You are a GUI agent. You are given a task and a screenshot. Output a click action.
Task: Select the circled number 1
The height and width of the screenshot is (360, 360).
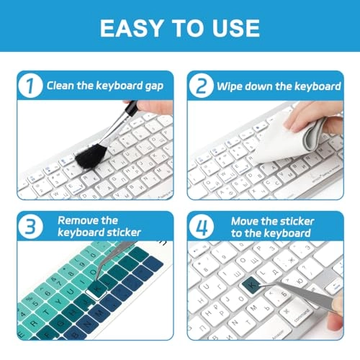tap(29, 86)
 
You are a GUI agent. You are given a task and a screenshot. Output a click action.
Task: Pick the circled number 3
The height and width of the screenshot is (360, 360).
tap(29, 227)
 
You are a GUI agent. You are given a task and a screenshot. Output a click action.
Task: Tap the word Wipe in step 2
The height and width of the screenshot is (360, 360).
tap(232, 86)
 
